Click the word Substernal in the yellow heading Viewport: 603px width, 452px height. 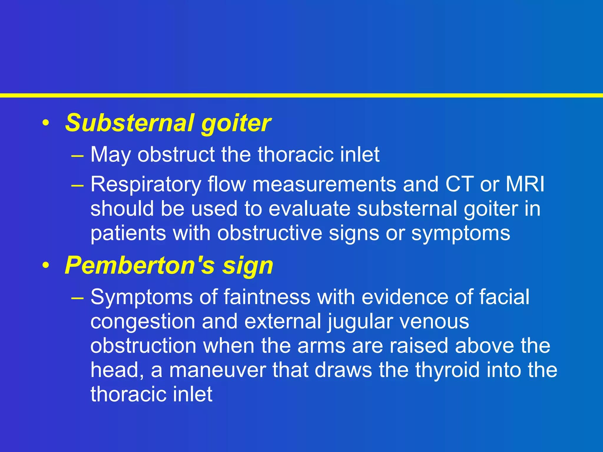point(130,123)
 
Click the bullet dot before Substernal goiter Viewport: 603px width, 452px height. point(46,123)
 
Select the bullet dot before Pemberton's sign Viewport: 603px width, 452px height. point(46,266)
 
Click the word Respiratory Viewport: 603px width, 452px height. point(146,185)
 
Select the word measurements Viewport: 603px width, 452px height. point(324,185)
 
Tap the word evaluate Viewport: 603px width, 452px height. point(309,209)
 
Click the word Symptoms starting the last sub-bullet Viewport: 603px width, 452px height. point(142,298)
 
